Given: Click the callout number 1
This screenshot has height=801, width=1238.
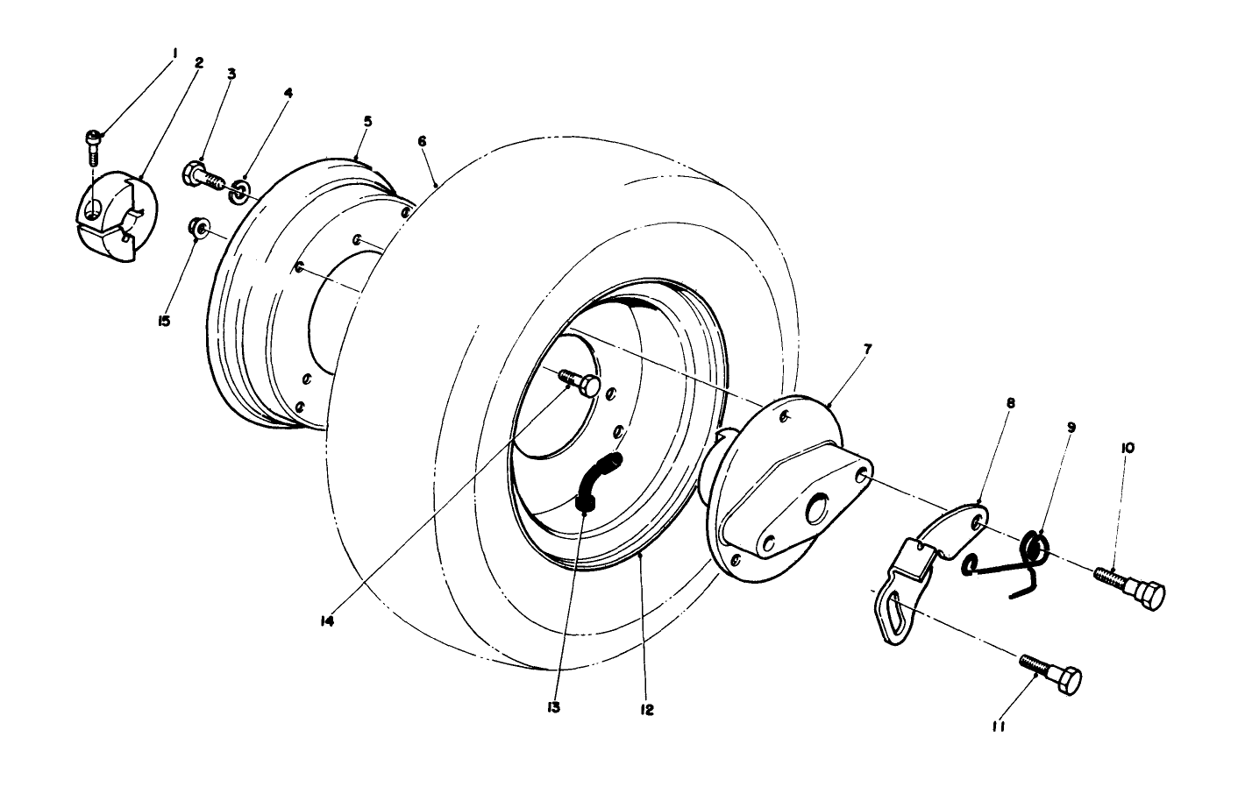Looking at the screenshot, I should (174, 53).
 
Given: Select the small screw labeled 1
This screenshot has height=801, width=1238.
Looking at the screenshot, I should (92, 145).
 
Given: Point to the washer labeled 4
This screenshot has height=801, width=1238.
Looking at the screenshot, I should (238, 193).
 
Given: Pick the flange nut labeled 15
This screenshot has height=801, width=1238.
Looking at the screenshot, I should (198, 230).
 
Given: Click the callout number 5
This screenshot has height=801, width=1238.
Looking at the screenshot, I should (367, 121).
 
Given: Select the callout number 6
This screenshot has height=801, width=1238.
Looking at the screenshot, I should (422, 141).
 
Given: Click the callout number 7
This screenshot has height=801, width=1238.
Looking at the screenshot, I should (867, 349).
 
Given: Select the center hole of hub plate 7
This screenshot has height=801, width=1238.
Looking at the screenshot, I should (819, 507).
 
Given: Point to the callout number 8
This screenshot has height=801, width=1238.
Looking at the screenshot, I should (1011, 404).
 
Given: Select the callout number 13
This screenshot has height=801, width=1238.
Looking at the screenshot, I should (554, 707).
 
